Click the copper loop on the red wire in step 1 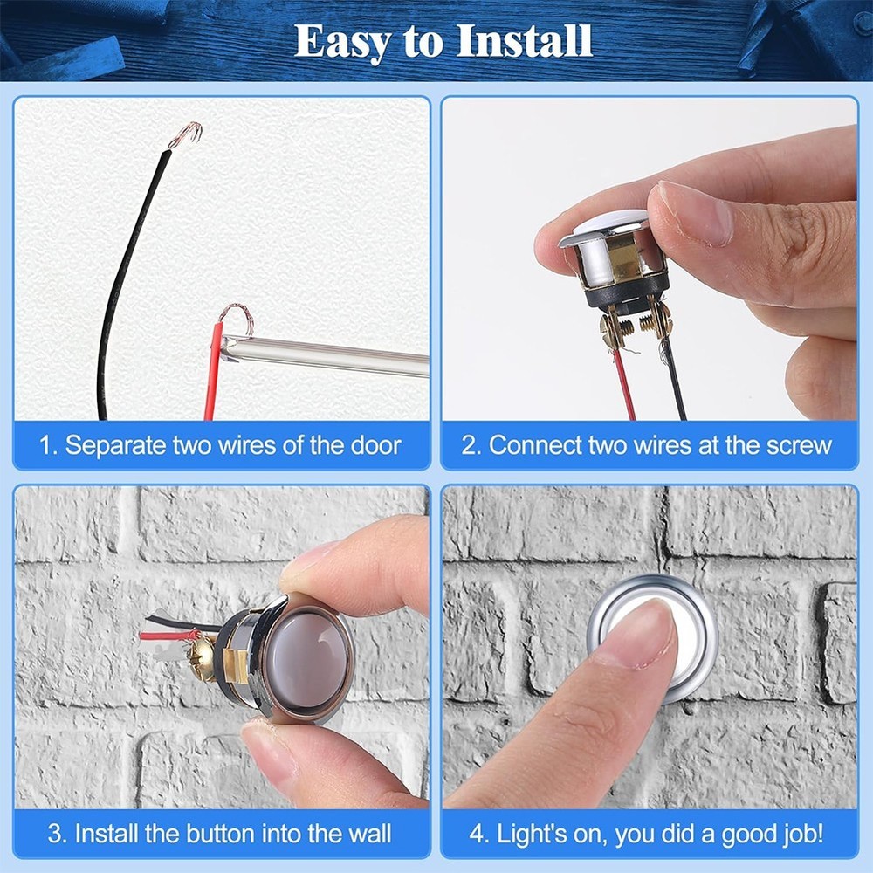tap(236, 315)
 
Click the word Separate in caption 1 tap(114, 445)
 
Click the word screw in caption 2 tap(798, 445)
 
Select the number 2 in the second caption tap(470, 445)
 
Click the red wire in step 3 tap(166, 636)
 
